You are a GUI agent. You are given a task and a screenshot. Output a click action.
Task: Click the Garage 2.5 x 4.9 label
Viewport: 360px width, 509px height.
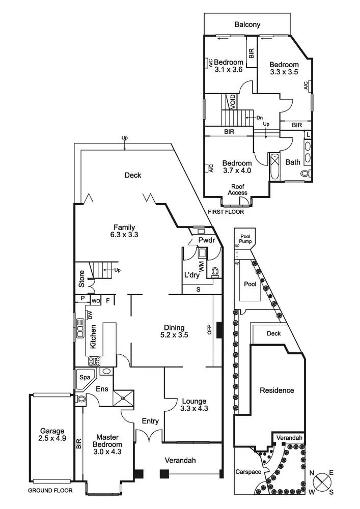pos(52,435)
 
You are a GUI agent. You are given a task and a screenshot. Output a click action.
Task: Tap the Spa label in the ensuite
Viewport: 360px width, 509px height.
pos(85,377)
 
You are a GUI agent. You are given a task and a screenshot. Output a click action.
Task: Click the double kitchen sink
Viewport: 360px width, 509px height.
pos(80,327)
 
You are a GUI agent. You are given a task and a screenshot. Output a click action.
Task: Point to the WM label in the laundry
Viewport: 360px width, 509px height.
pos(202,267)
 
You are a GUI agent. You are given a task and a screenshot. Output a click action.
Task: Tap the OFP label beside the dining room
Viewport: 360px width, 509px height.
pos(209,329)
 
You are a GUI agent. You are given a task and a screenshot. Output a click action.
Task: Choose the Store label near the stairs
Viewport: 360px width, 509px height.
pos(81,279)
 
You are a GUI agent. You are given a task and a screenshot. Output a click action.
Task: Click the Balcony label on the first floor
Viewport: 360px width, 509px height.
pos(247,24)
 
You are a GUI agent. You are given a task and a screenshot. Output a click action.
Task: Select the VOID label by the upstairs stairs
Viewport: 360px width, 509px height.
pos(233,101)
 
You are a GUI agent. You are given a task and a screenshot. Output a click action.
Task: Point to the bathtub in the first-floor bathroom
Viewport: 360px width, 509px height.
pos(274,167)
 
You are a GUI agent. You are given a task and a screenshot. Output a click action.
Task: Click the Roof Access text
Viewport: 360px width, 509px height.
pos(238,189)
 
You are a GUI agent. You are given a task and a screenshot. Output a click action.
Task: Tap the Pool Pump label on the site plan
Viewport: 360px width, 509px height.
pos(246,239)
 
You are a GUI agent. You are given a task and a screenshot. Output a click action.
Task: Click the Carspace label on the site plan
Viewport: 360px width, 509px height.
pos(248,472)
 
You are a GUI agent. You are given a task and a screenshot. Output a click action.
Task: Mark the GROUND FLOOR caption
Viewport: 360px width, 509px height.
pos(50,491)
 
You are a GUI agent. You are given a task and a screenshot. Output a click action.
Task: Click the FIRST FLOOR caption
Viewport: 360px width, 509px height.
pos(226,212)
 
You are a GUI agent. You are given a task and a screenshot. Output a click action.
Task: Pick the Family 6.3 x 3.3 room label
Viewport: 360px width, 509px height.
pos(124,231)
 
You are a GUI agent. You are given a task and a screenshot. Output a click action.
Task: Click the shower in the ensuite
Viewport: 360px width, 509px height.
pos(123,398)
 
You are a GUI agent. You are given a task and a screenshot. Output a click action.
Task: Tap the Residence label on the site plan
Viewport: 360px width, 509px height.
pos(277,390)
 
